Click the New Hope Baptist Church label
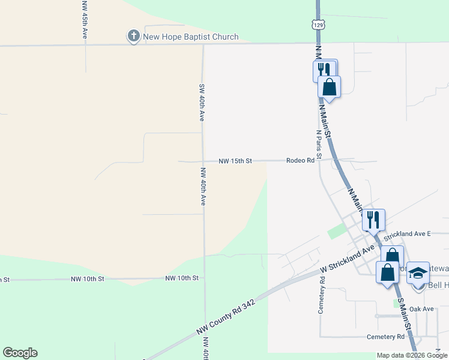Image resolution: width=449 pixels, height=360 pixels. tap(190, 37)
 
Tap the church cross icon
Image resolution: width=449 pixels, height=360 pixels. tap(133, 37)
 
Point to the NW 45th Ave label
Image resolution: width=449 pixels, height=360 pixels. tap(85, 20)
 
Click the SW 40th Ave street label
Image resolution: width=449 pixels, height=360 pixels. tap(202, 102)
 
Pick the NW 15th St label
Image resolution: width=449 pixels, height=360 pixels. tap(235, 161)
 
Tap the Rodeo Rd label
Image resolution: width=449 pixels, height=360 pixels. tap(300, 161)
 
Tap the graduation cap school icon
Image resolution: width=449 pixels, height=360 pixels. tap(418, 273)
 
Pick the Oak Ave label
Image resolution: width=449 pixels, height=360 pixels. tap(421, 309)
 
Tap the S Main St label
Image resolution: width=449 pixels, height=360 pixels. tap(405, 315)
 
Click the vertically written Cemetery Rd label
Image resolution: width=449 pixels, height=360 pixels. tap(322, 295)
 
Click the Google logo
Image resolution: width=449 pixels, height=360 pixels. tap(20, 353)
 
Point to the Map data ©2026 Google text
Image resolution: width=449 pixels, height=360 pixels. tap(412, 355)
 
